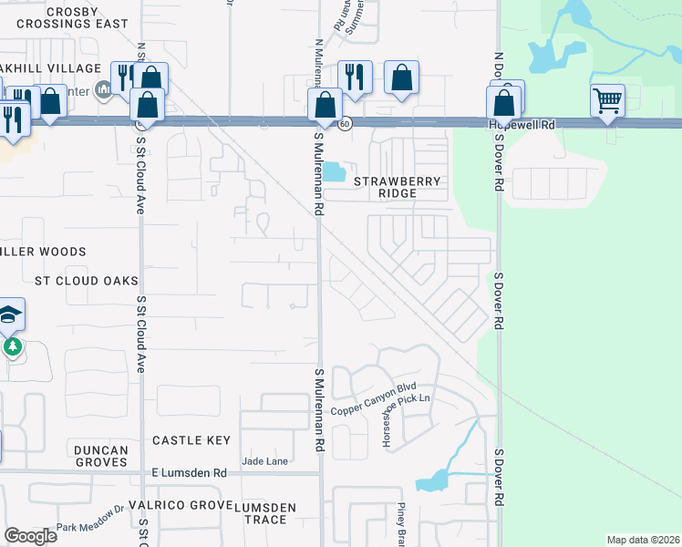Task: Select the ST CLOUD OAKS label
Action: click(x=87, y=281)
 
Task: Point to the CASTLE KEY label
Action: click(x=191, y=440)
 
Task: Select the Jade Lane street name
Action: click(x=265, y=461)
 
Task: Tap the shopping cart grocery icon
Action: click(x=607, y=100)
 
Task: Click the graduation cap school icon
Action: click(x=10, y=315)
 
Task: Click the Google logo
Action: click(x=30, y=536)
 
